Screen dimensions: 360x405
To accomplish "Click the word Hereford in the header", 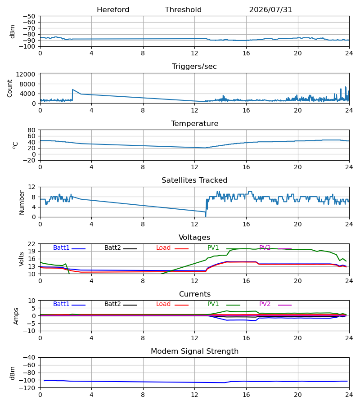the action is [x=113, y=10].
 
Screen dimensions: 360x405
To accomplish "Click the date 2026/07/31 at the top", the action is [x=270, y=10].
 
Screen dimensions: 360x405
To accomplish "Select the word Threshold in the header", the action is [x=183, y=10].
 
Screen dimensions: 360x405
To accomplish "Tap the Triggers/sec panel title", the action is [x=194, y=67].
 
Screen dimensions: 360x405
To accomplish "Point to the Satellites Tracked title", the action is [x=194, y=180].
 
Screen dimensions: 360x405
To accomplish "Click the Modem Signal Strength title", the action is [x=194, y=351].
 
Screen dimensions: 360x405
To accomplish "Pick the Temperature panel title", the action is [x=194, y=123].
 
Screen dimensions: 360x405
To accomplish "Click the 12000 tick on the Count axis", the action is [x=26, y=74].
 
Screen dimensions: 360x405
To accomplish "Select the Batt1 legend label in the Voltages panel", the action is [x=61, y=247].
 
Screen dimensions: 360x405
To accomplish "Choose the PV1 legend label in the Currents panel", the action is [x=213, y=304].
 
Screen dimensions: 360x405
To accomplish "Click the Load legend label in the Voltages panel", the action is [x=163, y=247].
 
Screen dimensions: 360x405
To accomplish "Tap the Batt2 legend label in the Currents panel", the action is [x=112, y=304].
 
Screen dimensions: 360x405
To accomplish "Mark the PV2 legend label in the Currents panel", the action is [x=265, y=304].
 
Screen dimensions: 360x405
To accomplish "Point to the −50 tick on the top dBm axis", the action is [x=29, y=16].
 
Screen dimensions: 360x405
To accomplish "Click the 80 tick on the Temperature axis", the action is [x=31, y=130].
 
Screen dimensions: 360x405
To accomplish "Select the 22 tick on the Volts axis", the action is [x=31, y=244].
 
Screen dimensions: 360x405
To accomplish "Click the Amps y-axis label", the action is [x=16, y=316].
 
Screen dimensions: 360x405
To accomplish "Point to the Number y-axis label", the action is [x=22, y=203].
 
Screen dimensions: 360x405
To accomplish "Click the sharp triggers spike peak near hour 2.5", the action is [x=72, y=90].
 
